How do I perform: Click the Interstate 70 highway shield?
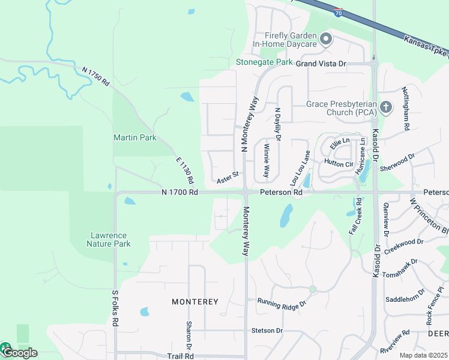[x=339, y=12]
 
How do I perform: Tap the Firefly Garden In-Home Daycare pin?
[x=326, y=40]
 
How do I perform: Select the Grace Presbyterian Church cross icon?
[x=386, y=108]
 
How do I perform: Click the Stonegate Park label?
[x=264, y=62]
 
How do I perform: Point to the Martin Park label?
[x=135, y=137]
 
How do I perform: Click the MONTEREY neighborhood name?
[x=194, y=301]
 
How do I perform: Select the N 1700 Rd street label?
[x=179, y=192]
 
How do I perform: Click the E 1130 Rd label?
[x=185, y=170]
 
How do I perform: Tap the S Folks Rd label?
[x=115, y=308]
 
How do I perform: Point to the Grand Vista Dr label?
[x=321, y=63]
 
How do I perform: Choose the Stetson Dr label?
[x=267, y=330]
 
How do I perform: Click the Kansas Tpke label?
[x=426, y=47]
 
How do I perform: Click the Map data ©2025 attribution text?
[x=423, y=355]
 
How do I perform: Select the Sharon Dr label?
[x=188, y=336]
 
